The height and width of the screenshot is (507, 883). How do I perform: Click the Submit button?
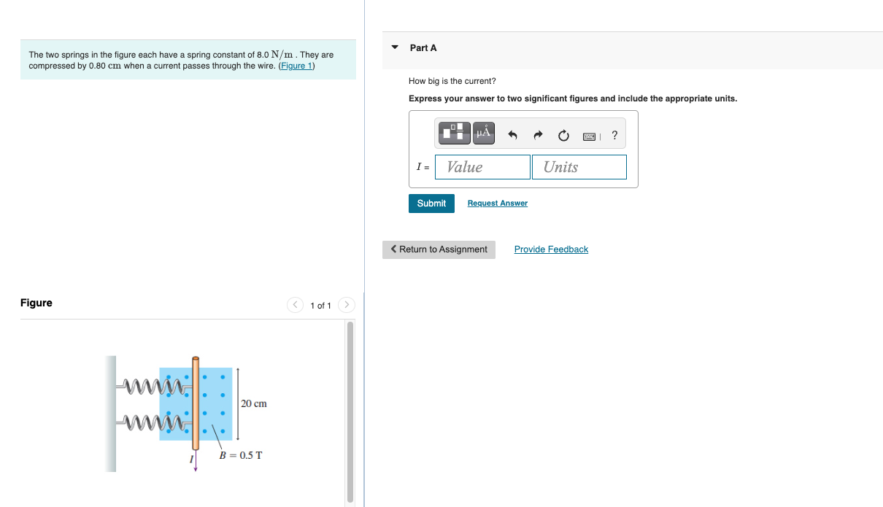coord(431,204)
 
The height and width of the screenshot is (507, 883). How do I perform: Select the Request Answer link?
coord(497,204)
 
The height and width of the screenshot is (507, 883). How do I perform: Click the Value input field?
coord(482,167)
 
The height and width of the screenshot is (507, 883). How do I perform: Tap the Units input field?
coord(579,167)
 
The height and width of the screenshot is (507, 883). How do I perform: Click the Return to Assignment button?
coord(439,249)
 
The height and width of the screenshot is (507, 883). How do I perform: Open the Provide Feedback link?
coord(551,249)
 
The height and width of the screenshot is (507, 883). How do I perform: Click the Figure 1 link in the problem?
coord(296,66)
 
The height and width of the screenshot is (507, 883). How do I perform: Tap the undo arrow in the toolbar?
coord(512,135)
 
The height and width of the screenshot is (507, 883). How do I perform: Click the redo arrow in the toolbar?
coord(538,135)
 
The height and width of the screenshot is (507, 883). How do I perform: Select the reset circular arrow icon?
coord(563,135)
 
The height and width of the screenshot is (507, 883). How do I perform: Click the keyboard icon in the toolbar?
coord(590,136)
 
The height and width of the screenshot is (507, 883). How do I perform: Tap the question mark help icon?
coord(614,135)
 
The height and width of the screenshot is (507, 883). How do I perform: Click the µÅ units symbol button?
coord(483,133)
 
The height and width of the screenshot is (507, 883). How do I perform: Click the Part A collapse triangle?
coord(395,47)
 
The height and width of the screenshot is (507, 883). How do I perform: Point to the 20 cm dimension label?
coord(253,403)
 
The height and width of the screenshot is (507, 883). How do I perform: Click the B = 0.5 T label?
coord(241,456)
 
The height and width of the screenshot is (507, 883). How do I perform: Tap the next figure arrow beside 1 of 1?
coord(347,305)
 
